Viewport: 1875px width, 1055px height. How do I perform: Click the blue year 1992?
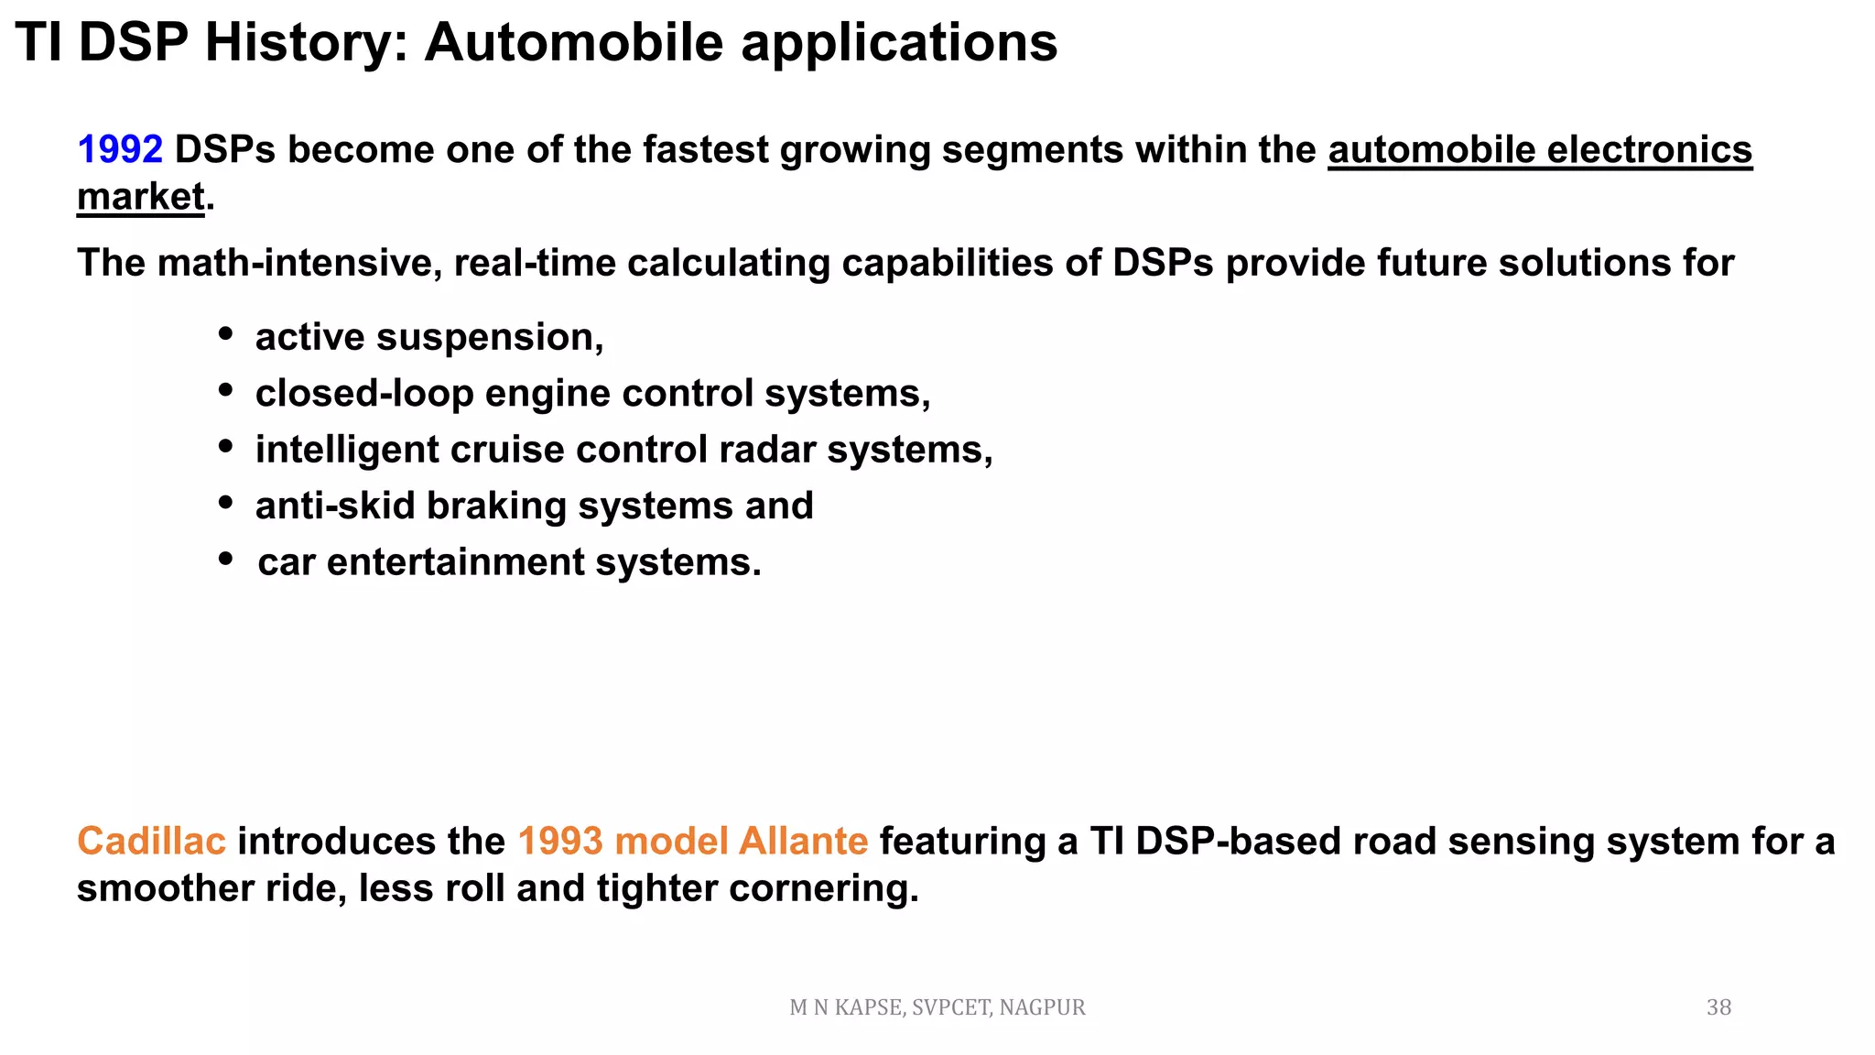pos(120,150)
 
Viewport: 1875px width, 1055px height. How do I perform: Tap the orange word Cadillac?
pos(151,842)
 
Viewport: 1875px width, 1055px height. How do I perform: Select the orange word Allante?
pos(803,842)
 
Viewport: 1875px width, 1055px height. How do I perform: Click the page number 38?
pos(1718,1007)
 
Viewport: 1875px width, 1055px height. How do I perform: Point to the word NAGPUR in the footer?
pos(1042,1007)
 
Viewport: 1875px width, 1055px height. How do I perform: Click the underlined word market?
pos(140,197)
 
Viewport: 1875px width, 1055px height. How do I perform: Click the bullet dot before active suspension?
pos(225,334)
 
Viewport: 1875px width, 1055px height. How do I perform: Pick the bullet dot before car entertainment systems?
pos(225,559)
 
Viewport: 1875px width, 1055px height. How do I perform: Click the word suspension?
pos(489,338)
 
